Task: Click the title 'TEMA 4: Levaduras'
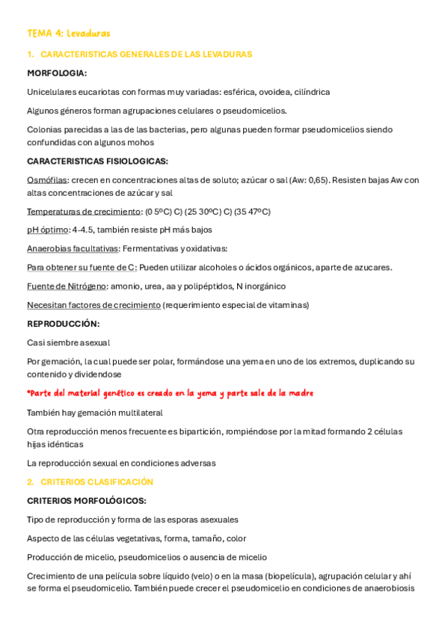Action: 69,34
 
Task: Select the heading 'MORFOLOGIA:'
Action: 57,73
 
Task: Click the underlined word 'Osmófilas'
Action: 47,180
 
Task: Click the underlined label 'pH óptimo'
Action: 47,230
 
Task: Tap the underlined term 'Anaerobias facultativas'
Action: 73,249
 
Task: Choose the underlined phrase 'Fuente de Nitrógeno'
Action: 67,286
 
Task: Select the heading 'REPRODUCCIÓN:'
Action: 63,324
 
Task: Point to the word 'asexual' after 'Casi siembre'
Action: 94,342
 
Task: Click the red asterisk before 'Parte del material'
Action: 28,392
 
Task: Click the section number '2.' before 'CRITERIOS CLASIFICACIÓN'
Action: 31,482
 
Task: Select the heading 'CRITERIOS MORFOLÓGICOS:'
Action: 86,501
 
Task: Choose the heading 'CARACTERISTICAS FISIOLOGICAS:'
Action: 97,161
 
